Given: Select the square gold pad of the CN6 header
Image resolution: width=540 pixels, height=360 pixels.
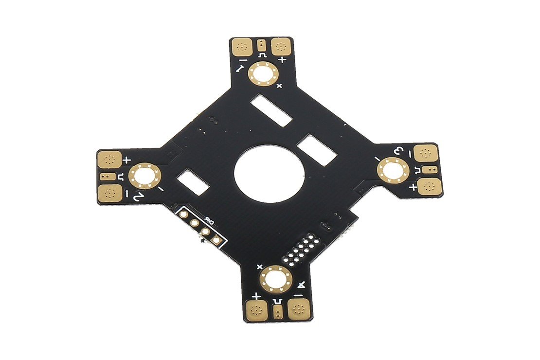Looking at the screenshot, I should pyautogui.click(x=217, y=239).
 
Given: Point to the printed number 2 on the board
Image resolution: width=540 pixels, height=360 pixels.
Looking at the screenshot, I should pyautogui.click(x=138, y=197).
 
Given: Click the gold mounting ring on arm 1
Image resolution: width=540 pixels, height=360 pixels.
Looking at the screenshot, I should pyautogui.click(x=263, y=75).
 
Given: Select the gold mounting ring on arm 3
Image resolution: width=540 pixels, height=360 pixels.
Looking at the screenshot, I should pyautogui.click(x=392, y=170).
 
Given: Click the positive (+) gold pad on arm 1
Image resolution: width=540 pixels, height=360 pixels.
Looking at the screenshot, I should pyautogui.click(x=281, y=46).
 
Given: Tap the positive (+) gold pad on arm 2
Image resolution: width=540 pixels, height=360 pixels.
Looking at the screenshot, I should pyautogui.click(x=110, y=159).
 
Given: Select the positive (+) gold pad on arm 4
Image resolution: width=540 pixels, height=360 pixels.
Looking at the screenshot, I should pyautogui.click(x=256, y=309).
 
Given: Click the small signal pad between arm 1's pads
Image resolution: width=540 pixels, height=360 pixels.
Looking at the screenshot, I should pyautogui.click(x=262, y=45).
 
